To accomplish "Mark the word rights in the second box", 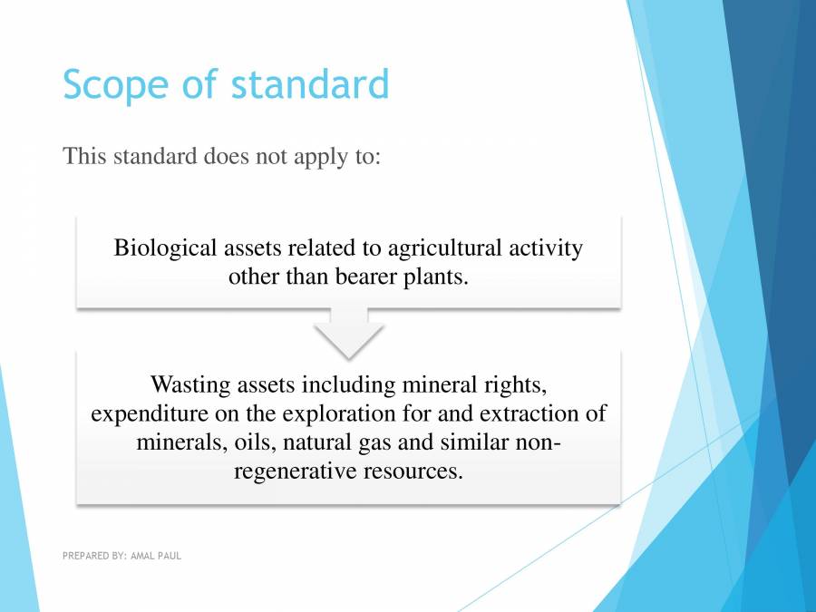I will coord(514,384).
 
